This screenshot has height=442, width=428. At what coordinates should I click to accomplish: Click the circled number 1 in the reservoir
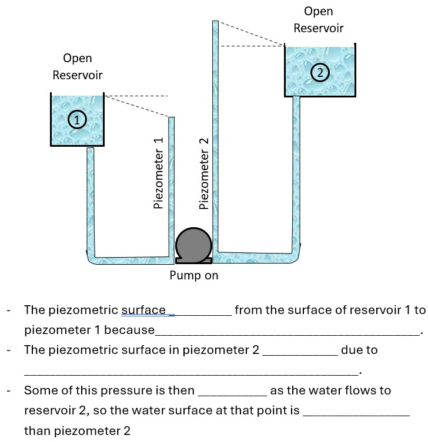[76, 120]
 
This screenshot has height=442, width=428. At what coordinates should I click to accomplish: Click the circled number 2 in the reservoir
[319, 73]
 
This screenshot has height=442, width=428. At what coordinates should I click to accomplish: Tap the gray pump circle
[193, 244]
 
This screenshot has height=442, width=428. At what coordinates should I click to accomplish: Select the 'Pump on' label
[194, 275]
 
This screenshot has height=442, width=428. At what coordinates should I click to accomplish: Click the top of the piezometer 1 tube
[172, 119]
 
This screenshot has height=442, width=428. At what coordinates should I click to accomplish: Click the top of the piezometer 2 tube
[215, 23]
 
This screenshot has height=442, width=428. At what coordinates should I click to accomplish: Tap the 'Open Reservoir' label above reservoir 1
[77, 66]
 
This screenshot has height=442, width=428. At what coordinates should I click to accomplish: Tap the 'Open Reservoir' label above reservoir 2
[319, 19]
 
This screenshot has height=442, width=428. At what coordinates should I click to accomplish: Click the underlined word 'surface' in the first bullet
[143, 311]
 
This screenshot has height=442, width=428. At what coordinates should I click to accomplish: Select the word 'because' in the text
[129, 330]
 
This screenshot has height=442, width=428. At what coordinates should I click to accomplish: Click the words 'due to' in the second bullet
[359, 350]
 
